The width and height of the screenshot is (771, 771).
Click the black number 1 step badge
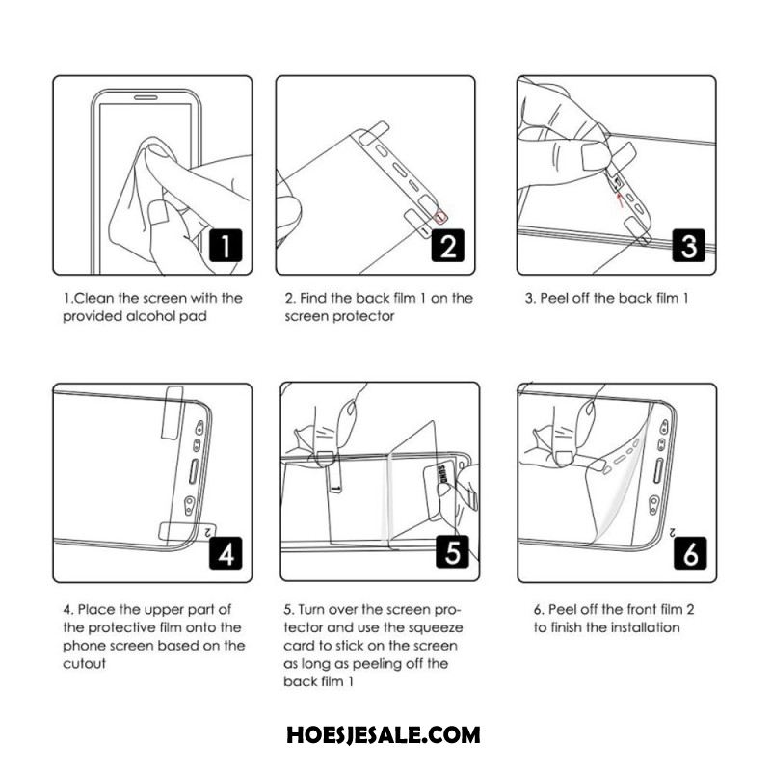click(x=226, y=246)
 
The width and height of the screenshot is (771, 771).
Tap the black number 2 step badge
click(x=448, y=246)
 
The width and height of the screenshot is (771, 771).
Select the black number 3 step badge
click(x=689, y=246)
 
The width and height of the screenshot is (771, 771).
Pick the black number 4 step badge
click(x=226, y=553)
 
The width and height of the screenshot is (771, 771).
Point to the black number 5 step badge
click(x=452, y=551)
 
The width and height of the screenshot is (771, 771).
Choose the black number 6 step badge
click(x=690, y=553)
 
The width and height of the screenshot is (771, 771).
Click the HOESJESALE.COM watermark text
click(x=383, y=735)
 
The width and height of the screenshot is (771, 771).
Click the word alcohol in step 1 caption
click(x=151, y=316)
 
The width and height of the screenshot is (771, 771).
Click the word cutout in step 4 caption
click(x=84, y=664)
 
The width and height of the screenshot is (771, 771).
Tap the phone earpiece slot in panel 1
click(x=146, y=98)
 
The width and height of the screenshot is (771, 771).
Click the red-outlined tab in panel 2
click(x=441, y=216)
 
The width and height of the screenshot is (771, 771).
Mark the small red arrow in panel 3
click(x=620, y=199)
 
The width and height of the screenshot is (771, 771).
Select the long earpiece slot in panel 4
click(x=194, y=472)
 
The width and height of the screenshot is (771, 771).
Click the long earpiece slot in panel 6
click(x=658, y=471)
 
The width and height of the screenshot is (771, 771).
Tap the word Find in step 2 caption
click(x=313, y=298)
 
